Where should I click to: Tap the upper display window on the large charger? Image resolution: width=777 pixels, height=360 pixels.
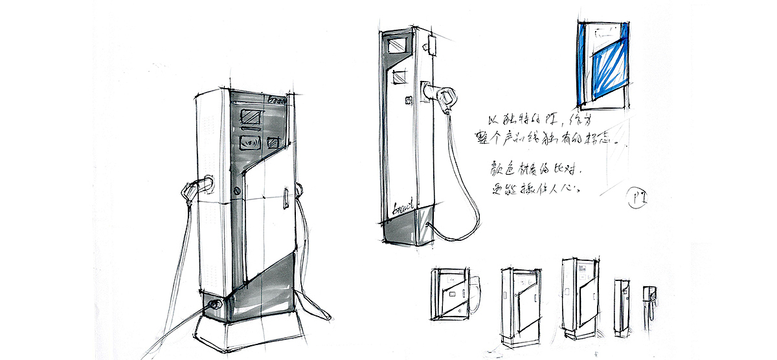coord(251,118)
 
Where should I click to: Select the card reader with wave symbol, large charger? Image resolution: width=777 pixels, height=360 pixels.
coord(251,142)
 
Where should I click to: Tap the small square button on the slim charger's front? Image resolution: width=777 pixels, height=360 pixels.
coord(408,100)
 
